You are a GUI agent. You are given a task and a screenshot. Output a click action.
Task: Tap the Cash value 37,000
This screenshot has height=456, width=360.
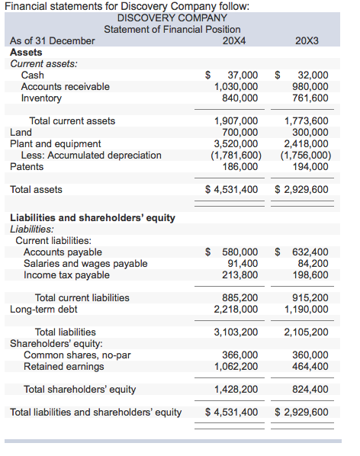(x=243, y=75)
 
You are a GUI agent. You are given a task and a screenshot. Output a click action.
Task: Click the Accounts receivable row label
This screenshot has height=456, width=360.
(x=65, y=86)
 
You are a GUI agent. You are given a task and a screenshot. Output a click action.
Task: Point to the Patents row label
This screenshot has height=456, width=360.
(x=27, y=166)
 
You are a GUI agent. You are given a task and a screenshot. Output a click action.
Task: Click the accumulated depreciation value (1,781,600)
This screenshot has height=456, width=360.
(x=236, y=155)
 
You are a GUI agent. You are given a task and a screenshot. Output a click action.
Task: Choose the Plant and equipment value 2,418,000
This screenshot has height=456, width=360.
(x=306, y=143)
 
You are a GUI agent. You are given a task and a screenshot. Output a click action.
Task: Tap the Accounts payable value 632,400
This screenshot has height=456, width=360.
(x=309, y=252)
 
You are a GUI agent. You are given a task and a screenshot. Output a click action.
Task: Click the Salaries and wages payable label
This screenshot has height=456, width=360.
(x=85, y=263)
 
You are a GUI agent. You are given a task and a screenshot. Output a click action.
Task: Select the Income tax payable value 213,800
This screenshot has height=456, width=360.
(x=239, y=275)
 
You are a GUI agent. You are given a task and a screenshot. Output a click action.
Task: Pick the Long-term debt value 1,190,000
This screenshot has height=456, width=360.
(x=306, y=309)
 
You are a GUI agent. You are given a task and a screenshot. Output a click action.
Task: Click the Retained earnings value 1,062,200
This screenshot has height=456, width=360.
(x=236, y=366)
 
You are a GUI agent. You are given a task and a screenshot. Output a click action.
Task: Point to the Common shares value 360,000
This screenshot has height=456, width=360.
(x=309, y=355)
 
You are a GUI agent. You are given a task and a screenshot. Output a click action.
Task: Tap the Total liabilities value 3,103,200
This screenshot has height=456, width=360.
(x=236, y=332)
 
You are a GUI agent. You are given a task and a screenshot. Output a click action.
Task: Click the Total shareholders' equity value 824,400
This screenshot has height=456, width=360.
(x=309, y=389)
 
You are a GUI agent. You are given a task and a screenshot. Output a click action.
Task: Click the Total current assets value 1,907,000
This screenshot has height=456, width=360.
(x=236, y=120)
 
